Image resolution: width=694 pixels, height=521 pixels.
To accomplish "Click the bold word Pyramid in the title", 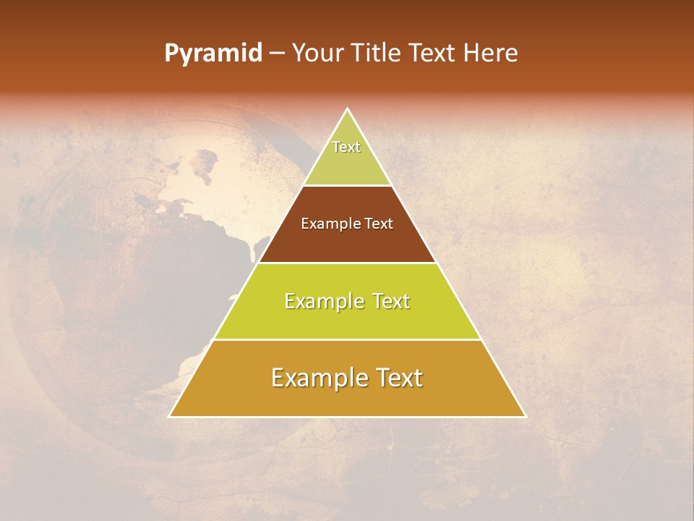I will [213, 54].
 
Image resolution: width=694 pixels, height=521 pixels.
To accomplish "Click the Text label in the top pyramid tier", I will [346, 147].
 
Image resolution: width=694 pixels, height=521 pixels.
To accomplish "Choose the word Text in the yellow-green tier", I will [388, 301].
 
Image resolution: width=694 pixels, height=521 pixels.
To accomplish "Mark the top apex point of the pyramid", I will [348, 109].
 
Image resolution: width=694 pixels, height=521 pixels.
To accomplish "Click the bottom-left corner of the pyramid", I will [169, 417].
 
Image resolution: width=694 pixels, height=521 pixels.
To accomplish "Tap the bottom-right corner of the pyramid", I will [526, 417].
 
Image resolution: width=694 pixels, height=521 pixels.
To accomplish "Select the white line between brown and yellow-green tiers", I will [348, 263].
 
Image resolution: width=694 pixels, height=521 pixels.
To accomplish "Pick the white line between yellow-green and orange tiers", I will [348, 339].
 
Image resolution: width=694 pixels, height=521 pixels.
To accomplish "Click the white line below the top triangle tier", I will [348, 185].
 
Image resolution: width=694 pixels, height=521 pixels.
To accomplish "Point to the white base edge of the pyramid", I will [348, 417].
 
